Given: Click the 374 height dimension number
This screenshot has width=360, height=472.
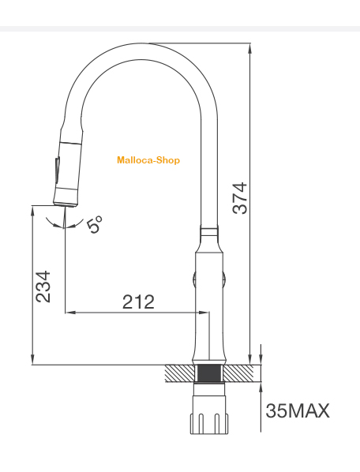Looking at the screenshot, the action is click(240, 198).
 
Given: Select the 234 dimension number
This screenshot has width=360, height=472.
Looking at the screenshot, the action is click(43, 287).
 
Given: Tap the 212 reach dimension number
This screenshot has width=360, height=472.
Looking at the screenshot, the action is click(138, 302).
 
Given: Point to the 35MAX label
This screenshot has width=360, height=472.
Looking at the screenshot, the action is click(298, 410).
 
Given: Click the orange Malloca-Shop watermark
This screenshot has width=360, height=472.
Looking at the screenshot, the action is click(148, 160).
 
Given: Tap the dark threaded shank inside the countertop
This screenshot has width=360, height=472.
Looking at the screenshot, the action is click(209, 373).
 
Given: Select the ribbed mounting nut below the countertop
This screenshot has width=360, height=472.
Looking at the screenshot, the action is click(209, 424).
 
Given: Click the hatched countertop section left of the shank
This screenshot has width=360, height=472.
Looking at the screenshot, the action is click(180, 373).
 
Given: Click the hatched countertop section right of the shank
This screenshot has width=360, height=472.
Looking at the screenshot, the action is click(238, 373).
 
